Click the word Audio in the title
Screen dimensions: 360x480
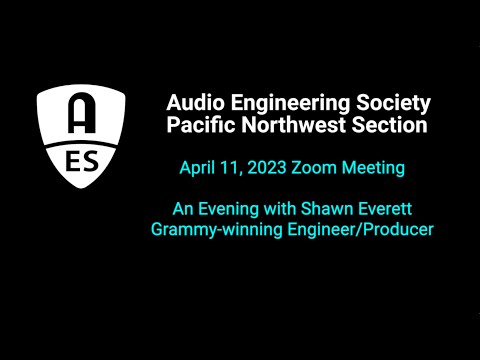tap(193, 102)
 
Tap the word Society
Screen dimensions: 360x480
tap(395, 102)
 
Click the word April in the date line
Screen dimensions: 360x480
tap(199, 168)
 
